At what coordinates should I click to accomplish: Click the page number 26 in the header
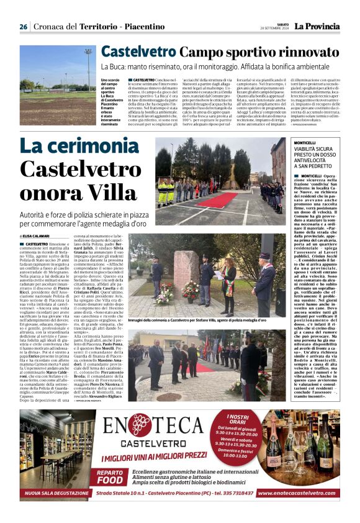(23, 27)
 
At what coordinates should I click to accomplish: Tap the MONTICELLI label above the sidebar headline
(309, 142)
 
